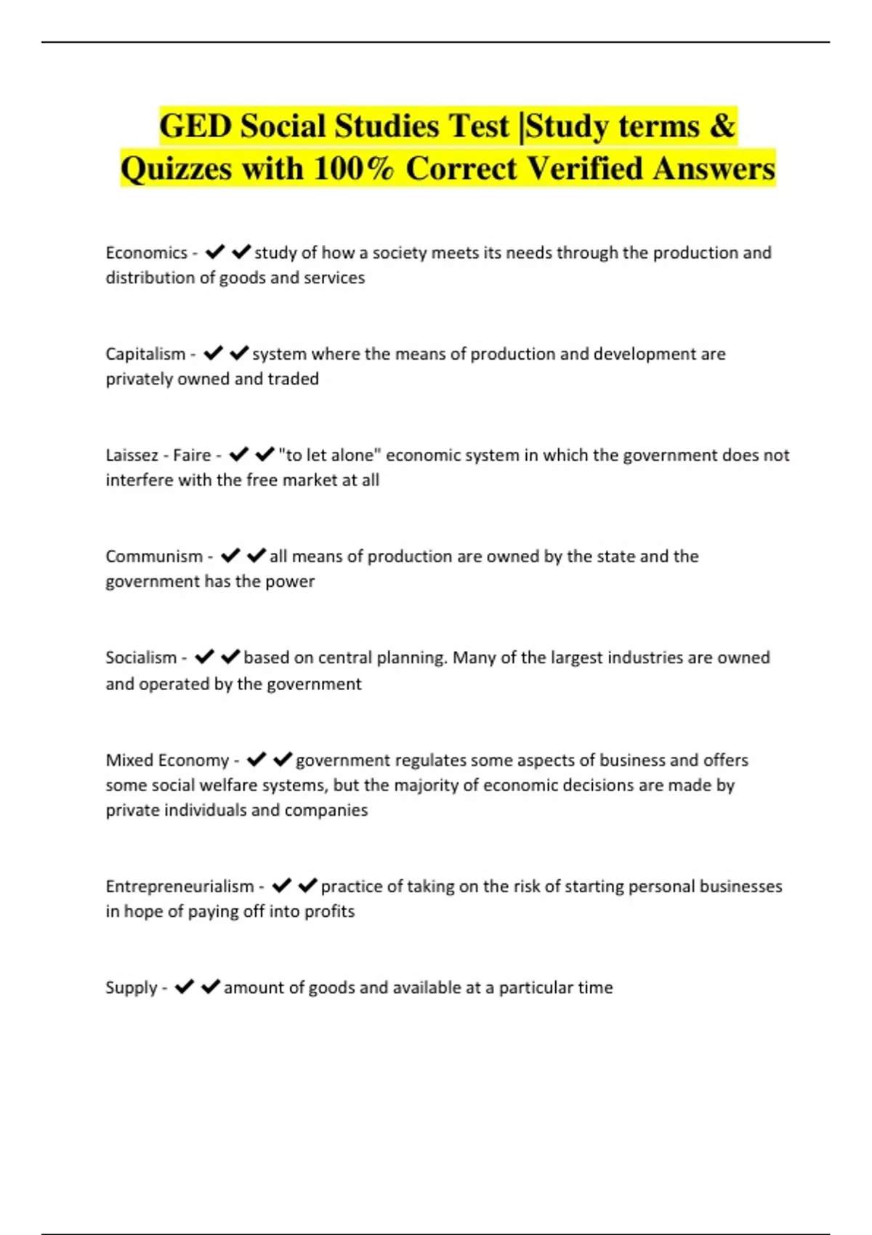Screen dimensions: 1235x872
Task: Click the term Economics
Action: coord(146,253)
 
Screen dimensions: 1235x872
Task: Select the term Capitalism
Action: coord(145,354)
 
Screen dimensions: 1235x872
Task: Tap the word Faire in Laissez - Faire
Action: coord(192,455)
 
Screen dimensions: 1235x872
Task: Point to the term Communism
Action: coord(154,556)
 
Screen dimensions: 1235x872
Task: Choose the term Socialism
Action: coord(141,657)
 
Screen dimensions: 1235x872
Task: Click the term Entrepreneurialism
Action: coord(179,886)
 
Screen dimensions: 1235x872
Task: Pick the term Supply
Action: coord(132,987)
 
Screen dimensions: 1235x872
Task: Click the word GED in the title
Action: coord(195,126)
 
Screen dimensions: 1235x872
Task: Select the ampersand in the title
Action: coord(721,126)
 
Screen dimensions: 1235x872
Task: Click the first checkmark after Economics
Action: coord(214,252)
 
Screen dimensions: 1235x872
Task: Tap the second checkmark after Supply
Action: coord(210,987)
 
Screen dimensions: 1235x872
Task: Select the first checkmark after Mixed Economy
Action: coord(256,759)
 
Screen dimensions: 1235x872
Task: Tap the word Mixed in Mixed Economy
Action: coord(129,760)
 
